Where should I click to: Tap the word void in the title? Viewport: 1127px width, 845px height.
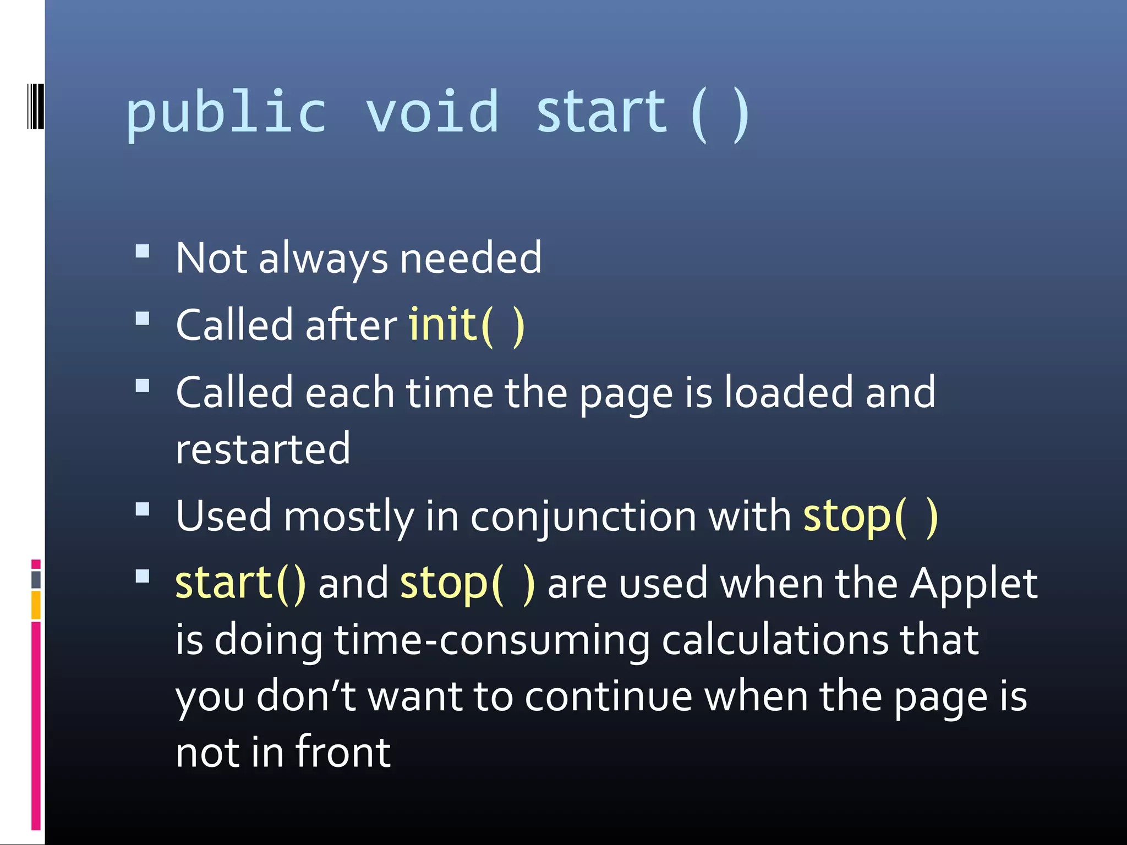pyautogui.click(x=432, y=113)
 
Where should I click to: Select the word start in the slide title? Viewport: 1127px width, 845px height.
pyautogui.click(x=601, y=113)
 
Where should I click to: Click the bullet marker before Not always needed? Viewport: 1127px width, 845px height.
pyautogui.click(x=143, y=252)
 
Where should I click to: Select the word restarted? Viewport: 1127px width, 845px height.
pyautogui.click(x=262, y=449)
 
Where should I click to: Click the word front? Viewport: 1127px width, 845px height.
pyautogui.click(x=343, y=753)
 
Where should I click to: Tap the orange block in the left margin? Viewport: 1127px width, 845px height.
pyautogui.click(x=36, y=605)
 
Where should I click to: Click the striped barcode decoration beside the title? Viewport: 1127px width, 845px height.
pyautogui.click(x=34, y=106)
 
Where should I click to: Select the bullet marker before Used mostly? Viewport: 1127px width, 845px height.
pyautogui.click(x=143, y=509)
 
